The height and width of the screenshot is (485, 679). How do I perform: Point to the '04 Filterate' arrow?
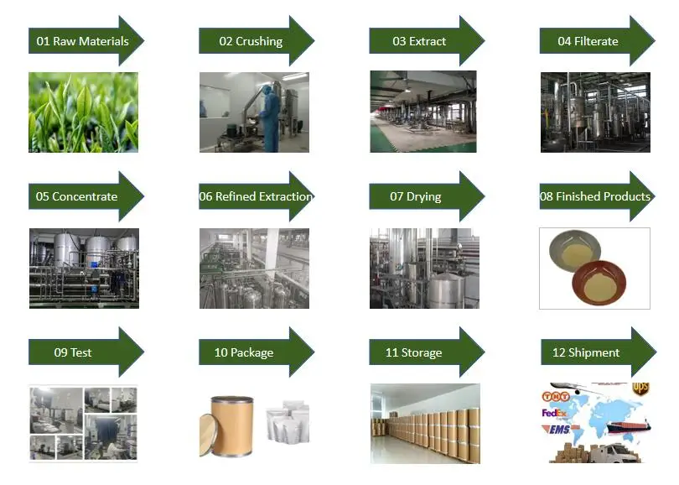[x=589, y=40]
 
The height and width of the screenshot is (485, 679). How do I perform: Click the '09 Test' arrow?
[x=75, y=352]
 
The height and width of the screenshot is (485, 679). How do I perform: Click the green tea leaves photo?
[x=83, y=112]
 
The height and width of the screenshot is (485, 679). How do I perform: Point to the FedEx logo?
[x=557, y=414]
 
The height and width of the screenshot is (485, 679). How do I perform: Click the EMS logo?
[x=561, y=430]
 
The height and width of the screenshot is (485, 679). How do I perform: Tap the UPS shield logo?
[x=641, y=389]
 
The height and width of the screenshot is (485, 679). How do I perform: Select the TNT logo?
[x=556, y=395]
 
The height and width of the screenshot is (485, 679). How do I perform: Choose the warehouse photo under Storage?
[x=425, y=423]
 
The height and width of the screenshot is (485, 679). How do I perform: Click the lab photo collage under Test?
[x=83, y=423]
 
